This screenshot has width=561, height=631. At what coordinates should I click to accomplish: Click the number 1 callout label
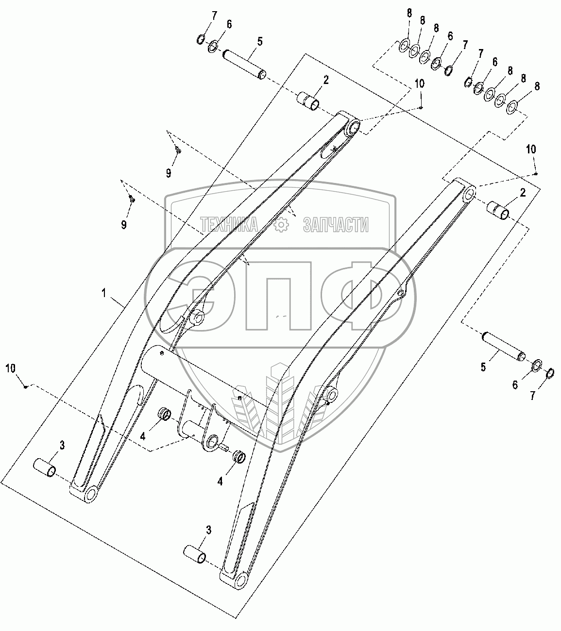pos(104,293)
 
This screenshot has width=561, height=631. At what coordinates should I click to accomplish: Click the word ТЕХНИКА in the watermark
pos(229,224)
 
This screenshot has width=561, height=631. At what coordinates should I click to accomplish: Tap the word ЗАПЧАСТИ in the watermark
pos(336,224)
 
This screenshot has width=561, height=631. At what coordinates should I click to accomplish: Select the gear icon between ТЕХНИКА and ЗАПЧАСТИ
pos(281,224)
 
